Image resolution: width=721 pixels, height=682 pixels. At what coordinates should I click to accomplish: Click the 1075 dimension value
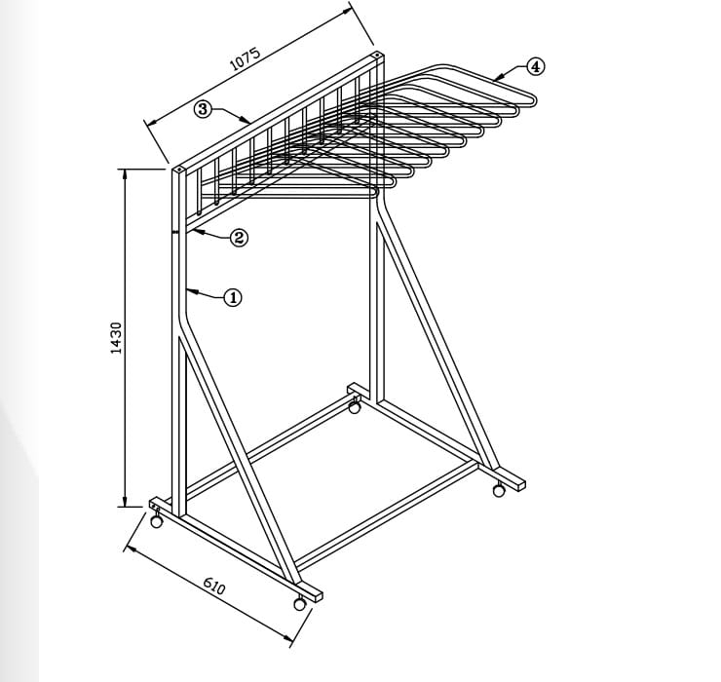pyautogui.click(x=246, y=59)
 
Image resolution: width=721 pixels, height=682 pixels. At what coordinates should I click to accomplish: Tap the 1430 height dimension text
pyautogui.click(x=116, y=338)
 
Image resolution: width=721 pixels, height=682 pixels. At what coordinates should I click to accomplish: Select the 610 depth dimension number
pyautogui.click(x=213, y=586)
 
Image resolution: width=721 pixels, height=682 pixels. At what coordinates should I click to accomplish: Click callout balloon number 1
pyautogui.click(x=233, y=297)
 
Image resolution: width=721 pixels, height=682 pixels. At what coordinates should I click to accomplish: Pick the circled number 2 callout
pyautogui.click(x=239, y=238)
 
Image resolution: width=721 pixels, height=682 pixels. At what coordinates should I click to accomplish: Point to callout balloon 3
pyautogui.click(x=203, y=109)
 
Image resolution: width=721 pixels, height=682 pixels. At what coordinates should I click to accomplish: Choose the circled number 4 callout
pyautogui.click(x=535, y=66)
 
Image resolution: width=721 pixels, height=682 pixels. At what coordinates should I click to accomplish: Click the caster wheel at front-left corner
pyautogui.click(x=156, y=520)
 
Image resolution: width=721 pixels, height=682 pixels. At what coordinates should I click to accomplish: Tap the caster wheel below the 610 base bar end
pyautogui.click(x=300, y=603)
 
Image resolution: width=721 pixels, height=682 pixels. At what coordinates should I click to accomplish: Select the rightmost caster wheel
pyautogui.click(x=499, y=491)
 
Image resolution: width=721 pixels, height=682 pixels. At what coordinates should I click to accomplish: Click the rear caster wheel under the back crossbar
pyautogui.click(x=354, y=407)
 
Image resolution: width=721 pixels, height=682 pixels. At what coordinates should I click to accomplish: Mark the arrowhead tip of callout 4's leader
pyautogui.click(x=495, y=80)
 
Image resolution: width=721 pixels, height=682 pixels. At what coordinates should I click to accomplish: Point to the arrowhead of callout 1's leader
pyautogui.click(x=187, y=290)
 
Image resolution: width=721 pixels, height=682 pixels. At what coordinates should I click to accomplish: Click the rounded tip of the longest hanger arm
pyautogui.click(x=535, y=99)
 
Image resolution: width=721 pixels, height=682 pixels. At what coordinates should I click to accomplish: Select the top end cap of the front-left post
pyautogui.click(x=179, y=170)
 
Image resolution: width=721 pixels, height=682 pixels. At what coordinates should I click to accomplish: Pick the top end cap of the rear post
pyautogui.click(x=377, y=56)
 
